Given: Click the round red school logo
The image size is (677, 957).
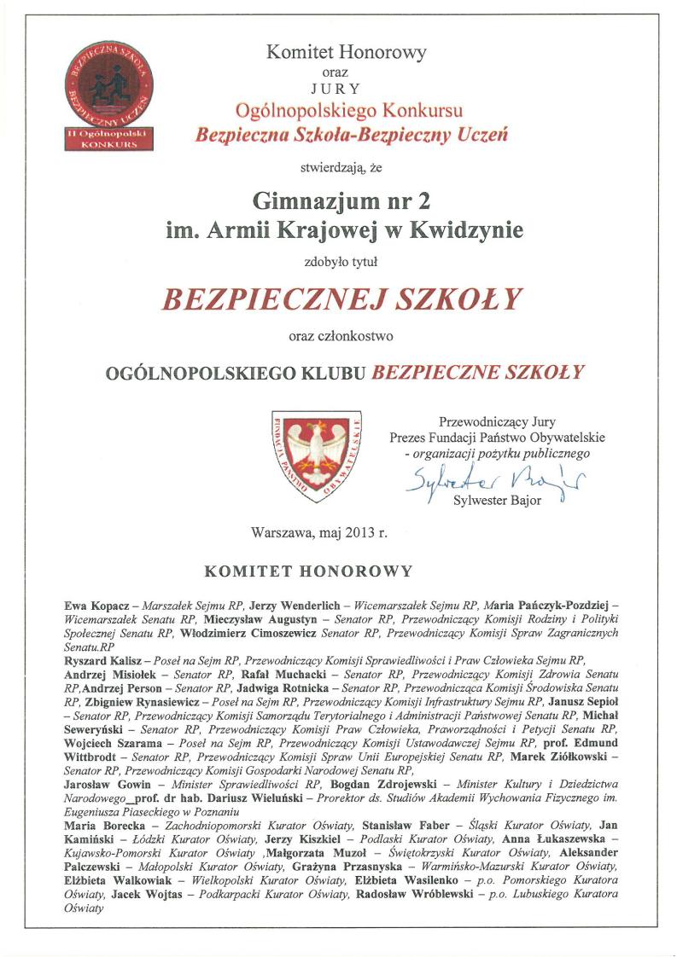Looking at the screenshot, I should (x=108, y=87).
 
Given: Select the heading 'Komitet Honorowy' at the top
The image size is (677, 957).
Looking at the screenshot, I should (x=347, y=53).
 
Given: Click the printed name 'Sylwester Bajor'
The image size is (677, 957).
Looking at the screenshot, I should (x=497, y=501).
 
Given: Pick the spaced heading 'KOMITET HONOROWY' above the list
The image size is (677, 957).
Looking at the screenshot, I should (x=309, y=571).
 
